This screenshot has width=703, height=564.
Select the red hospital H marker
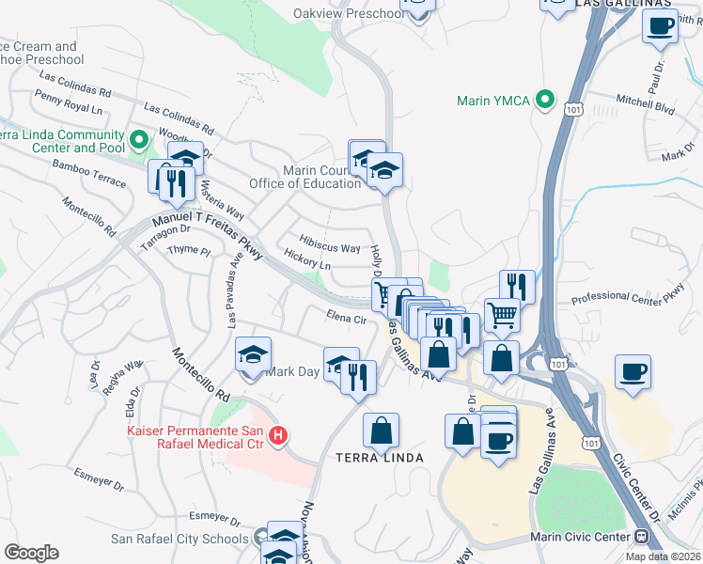pos(278,435)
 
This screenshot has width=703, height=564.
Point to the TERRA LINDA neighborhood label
pos(381,458)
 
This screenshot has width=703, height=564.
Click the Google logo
pos(31,553)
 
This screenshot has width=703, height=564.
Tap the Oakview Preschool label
pos(347,14)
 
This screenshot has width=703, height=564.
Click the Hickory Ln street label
pos(306,266)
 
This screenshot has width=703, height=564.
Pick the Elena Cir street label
pos(346,319)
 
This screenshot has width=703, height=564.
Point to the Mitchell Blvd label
pos(646,103)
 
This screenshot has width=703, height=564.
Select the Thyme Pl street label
pos(188,250)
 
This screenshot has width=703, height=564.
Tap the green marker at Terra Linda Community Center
pos(139,141)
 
